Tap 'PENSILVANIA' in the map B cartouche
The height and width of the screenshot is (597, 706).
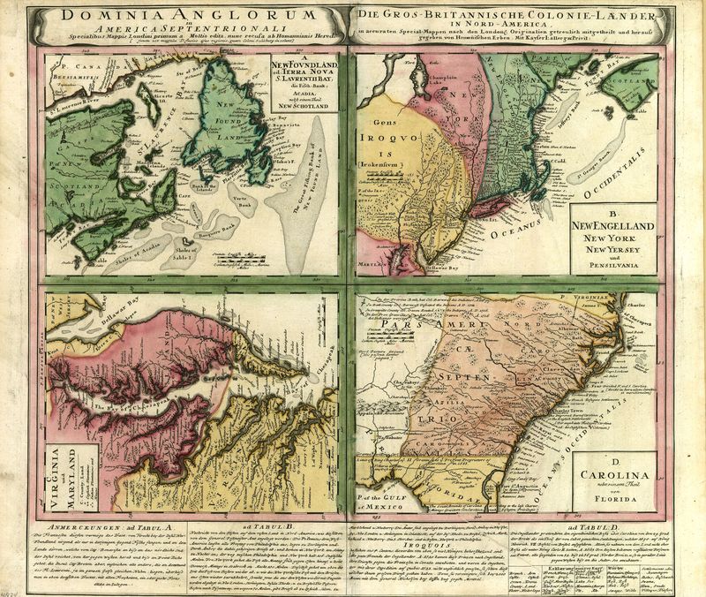pos(614,265)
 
